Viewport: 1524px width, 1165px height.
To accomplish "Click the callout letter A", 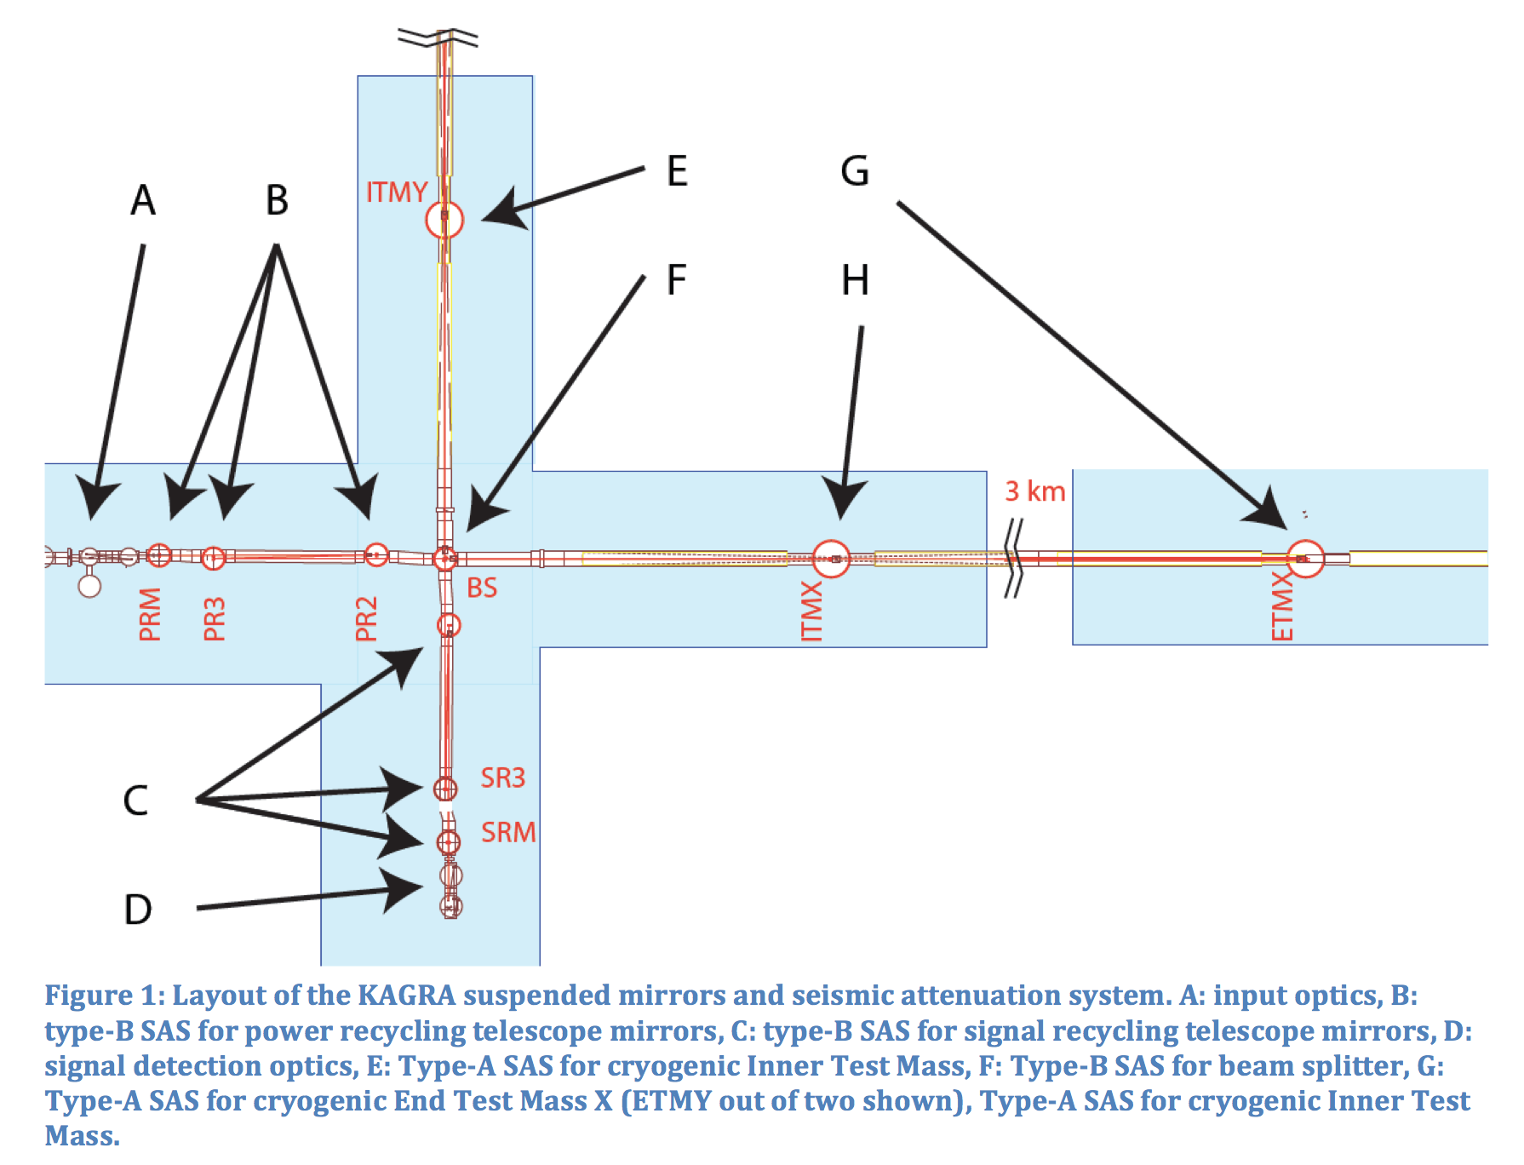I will (x=143, y=201).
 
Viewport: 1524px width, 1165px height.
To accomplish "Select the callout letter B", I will (x=277, y=201).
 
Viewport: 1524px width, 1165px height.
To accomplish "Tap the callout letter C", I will (x=135, y=801).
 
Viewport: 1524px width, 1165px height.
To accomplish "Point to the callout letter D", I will (x=138, y=910).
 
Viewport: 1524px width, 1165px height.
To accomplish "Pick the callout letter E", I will (x=677, y=171).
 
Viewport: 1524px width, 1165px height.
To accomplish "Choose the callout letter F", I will (x=676, y=280).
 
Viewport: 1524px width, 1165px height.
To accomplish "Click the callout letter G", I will (x=855, y=171).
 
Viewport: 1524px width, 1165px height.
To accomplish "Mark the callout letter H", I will (x=855, y=280).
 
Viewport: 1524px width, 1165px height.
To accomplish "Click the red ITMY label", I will (x=396, y=192).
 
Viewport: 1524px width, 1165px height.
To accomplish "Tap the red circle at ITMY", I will (x=444, y=220).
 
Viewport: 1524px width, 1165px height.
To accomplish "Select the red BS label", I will (x=482, y=588).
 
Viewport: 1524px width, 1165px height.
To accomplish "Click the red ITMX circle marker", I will (x=831, y=559).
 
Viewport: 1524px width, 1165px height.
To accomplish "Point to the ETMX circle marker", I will (x=1305, y=559).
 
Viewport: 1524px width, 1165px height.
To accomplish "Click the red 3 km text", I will (x=1035, y=491).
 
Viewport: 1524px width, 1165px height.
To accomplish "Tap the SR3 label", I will (x=502, y=778).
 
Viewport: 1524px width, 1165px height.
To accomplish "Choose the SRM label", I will (x=508, y=832).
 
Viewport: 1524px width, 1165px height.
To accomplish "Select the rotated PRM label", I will (x=150, y=614).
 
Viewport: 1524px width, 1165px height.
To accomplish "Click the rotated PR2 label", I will (x=366, y=618).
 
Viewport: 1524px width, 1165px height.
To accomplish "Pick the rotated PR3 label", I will (x=215, y=618).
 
